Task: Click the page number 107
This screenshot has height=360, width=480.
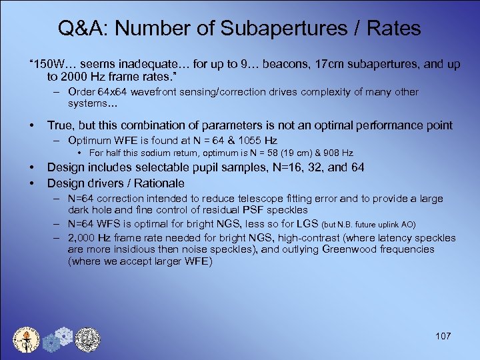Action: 443,336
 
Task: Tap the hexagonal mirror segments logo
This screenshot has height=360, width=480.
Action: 57,339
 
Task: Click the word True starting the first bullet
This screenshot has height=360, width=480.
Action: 60,125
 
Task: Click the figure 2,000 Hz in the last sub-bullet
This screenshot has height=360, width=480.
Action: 91,238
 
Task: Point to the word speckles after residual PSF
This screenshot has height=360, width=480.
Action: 287,210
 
